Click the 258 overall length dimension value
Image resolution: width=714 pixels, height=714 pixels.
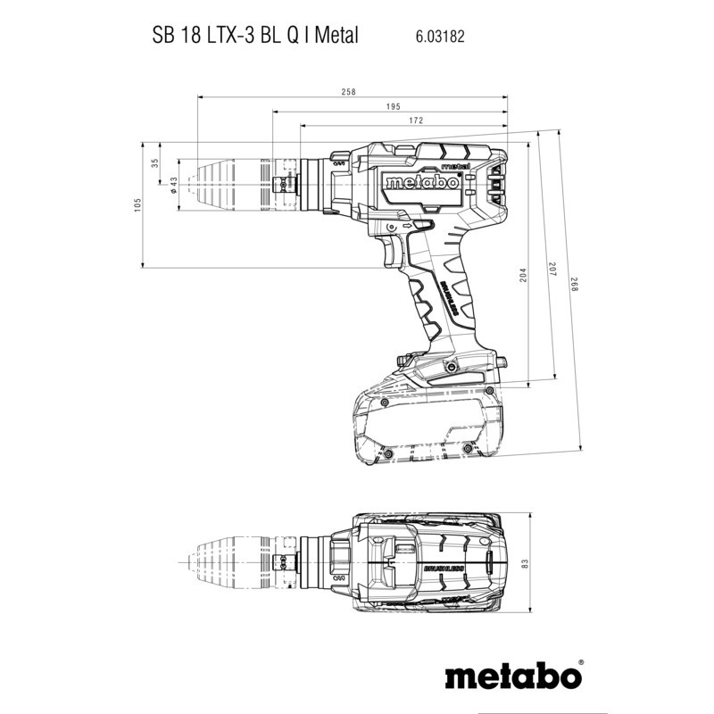pos(348,92)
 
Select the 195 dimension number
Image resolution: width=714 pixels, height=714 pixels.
pos(393,106)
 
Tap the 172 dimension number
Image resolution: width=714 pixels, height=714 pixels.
pos(416,120)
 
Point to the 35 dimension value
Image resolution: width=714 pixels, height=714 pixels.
pos(154,162)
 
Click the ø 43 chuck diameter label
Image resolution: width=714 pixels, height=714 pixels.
pos(173,185)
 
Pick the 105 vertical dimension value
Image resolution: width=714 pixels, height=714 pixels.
pos(138,205)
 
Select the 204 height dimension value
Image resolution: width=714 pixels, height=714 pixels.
pos(523,275)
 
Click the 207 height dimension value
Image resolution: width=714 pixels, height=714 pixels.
pos(552,269)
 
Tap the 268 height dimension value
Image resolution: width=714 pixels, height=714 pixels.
pos(574,285)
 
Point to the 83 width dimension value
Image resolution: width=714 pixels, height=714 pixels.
pos(525,563)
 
